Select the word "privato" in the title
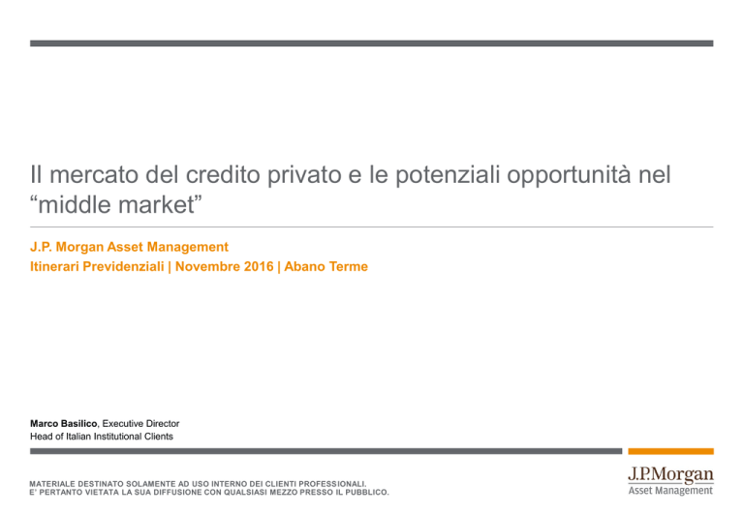pos(304,174)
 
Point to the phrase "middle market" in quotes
pos(116,205)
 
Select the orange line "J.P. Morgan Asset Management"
pos(129,247)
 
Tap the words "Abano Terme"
pos(325,266)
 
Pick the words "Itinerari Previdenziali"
pos(97,266)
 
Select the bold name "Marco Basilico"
pos(63,423)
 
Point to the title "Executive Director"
pos(140,423)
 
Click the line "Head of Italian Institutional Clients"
pos(102,437)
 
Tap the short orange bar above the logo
pos(670,451)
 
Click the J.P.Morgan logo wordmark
pos(670,474)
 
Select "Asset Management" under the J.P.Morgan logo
pos(670,491)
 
